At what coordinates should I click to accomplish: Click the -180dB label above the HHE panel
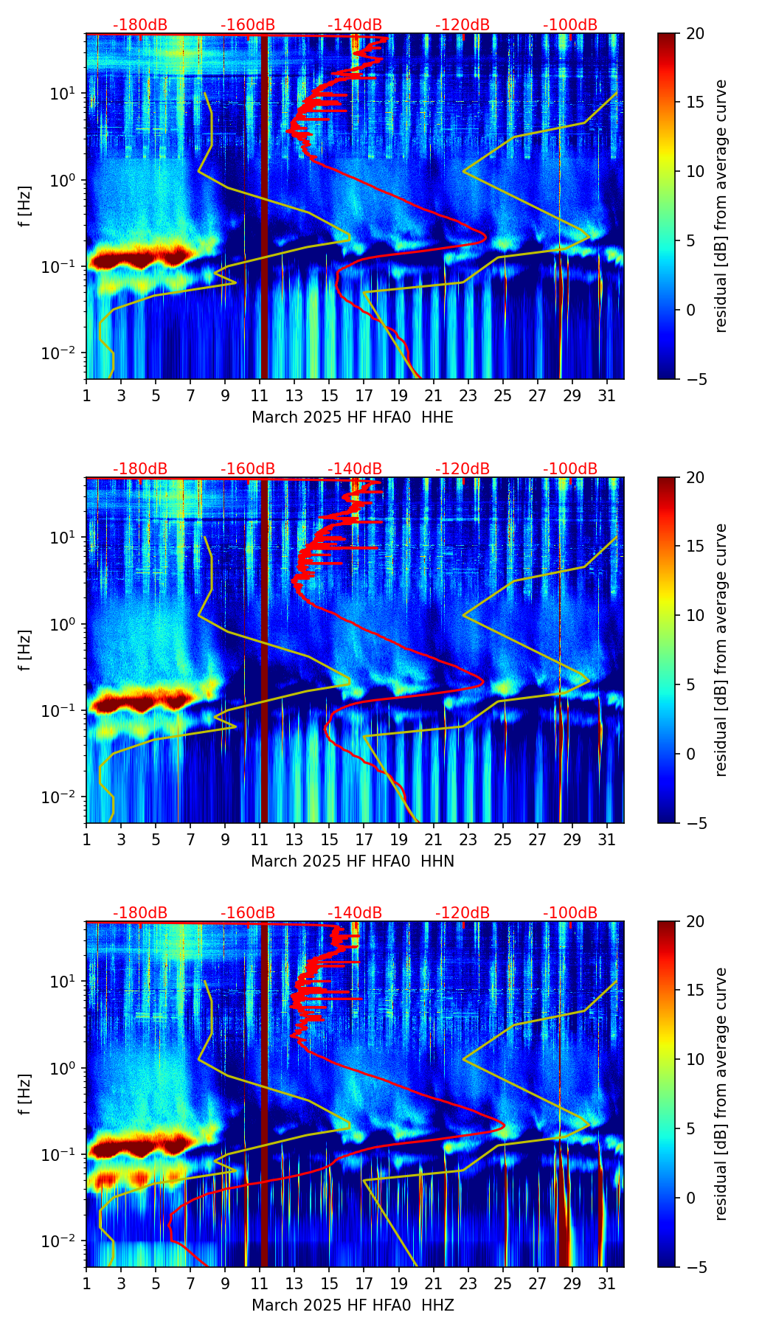140,25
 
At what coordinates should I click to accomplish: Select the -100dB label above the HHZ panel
570,913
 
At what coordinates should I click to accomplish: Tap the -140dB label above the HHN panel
355,469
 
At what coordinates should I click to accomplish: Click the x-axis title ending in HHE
353,417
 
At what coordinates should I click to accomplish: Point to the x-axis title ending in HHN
353,861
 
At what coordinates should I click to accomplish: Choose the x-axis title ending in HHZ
353,1305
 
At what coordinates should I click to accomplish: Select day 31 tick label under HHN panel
607,839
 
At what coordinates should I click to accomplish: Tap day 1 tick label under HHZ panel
86,1283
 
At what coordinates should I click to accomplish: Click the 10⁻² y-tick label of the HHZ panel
65,1242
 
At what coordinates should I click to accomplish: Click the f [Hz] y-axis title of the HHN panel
25,650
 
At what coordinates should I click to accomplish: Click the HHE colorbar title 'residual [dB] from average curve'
721,206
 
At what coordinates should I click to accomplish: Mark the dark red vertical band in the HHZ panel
264,1106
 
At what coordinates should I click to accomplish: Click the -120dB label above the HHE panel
463,25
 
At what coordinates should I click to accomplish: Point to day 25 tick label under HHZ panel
503,1283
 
